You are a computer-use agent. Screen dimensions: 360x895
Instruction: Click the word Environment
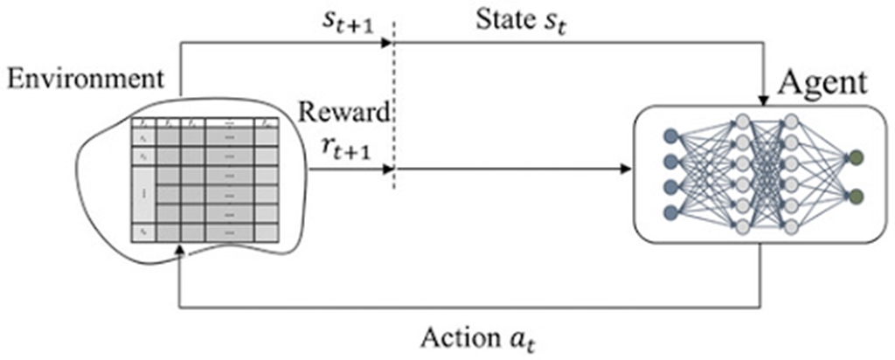85,80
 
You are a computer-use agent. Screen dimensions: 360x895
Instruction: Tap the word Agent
822,83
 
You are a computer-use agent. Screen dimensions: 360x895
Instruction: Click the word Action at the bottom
454,336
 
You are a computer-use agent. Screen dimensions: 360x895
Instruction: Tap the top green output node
856,157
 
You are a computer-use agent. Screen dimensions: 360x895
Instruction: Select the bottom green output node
856,195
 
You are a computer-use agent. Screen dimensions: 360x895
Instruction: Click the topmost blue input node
671,135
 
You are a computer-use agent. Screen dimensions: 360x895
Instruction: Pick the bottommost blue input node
671,212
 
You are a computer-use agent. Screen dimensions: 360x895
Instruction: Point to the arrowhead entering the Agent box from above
763,98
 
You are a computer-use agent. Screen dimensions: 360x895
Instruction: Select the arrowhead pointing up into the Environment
179,251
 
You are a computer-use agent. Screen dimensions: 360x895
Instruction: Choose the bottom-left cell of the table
142,232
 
